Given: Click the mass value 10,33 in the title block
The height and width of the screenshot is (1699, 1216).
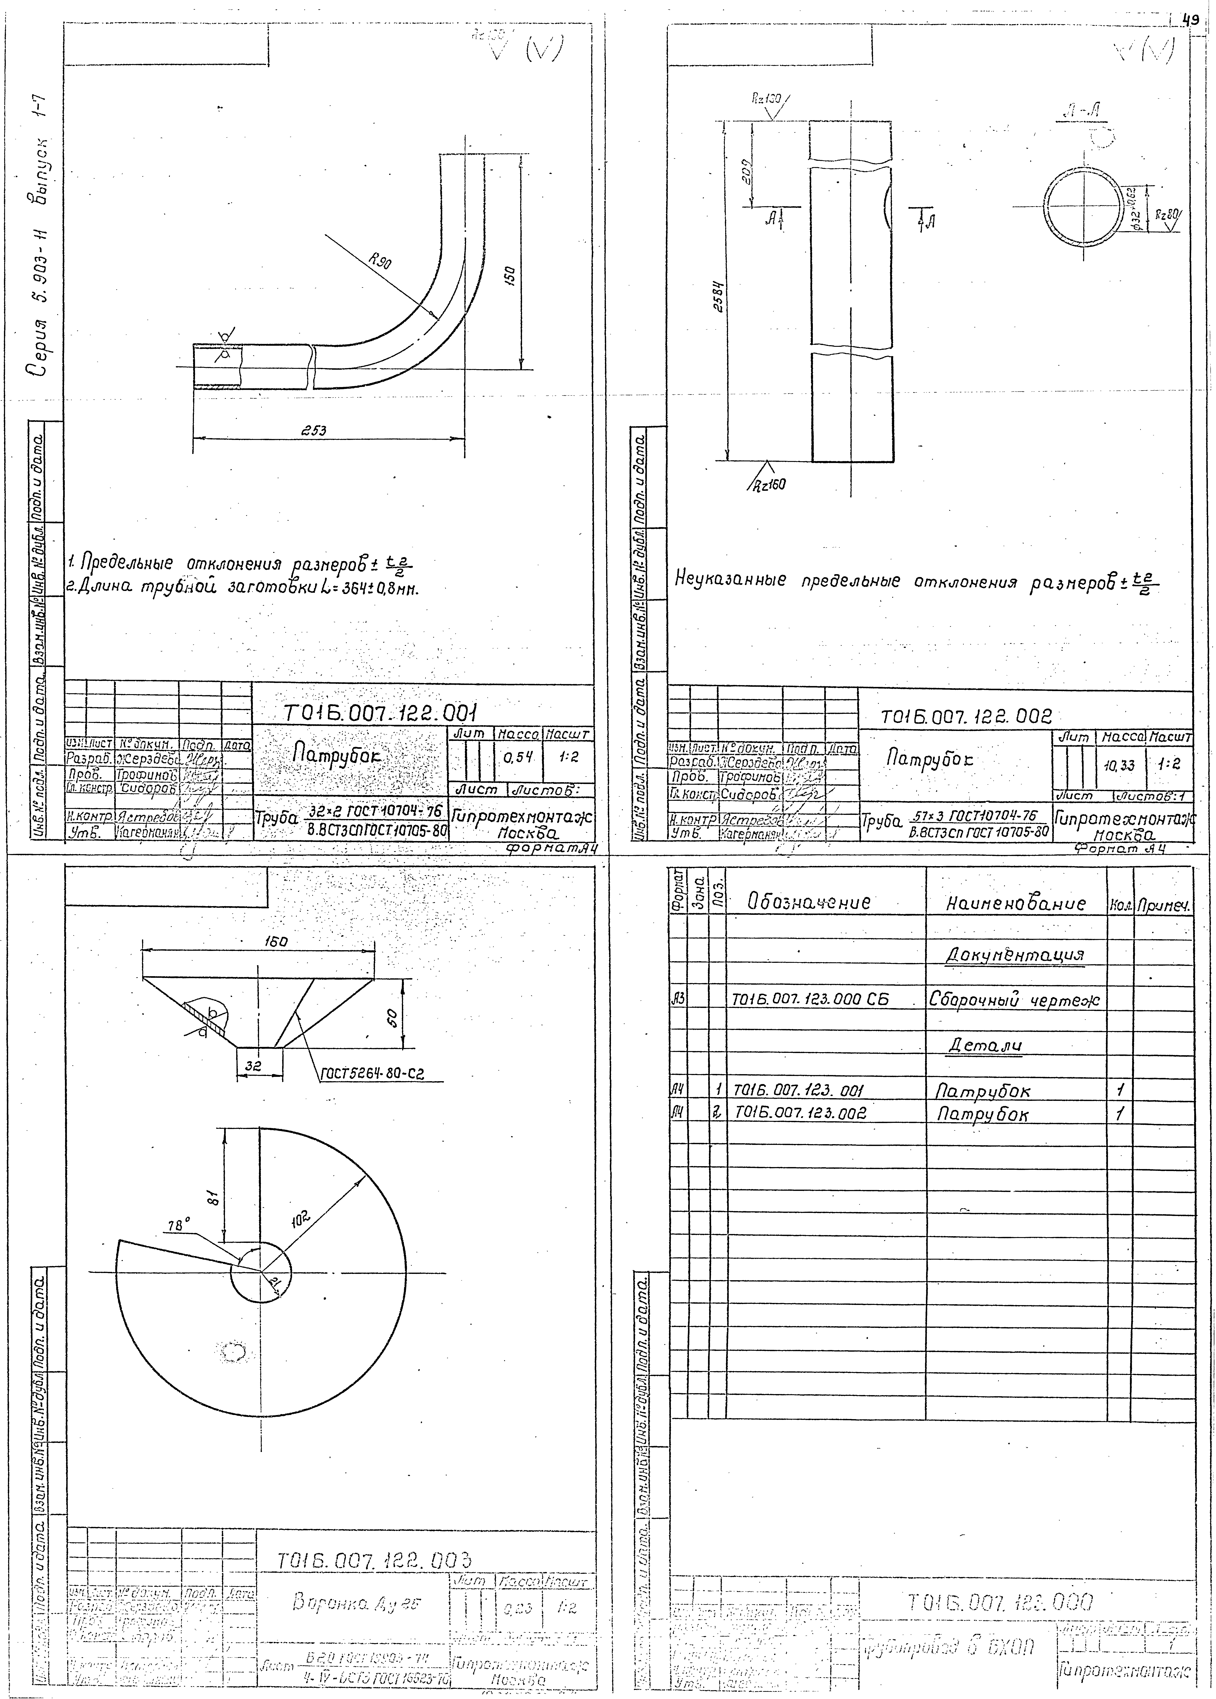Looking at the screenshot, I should (x=1119, y=765).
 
